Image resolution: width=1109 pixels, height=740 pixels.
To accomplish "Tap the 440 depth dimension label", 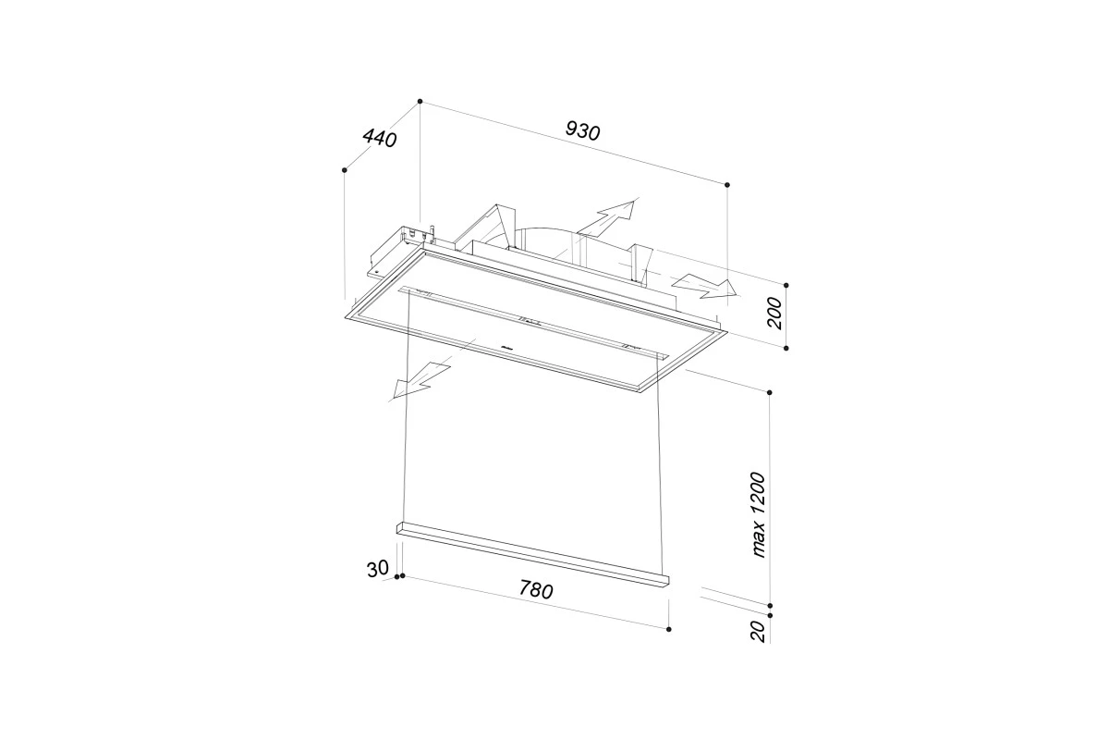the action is (x=380, y=138).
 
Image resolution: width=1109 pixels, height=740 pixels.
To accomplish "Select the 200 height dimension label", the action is (x=774, y=314).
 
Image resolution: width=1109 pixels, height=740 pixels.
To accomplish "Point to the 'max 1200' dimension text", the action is (x=758, y=515).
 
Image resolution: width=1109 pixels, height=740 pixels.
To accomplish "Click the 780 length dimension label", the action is (x=536, y=590).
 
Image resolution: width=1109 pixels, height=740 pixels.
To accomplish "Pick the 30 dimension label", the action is (x=378, y=569).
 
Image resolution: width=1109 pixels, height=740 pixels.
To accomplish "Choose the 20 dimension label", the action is (x=759, y=632).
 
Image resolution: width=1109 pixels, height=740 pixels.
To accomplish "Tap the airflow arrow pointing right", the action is (x=704, y=288).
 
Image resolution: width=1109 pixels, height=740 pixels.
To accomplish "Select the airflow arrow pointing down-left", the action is (x=420, y=382).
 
